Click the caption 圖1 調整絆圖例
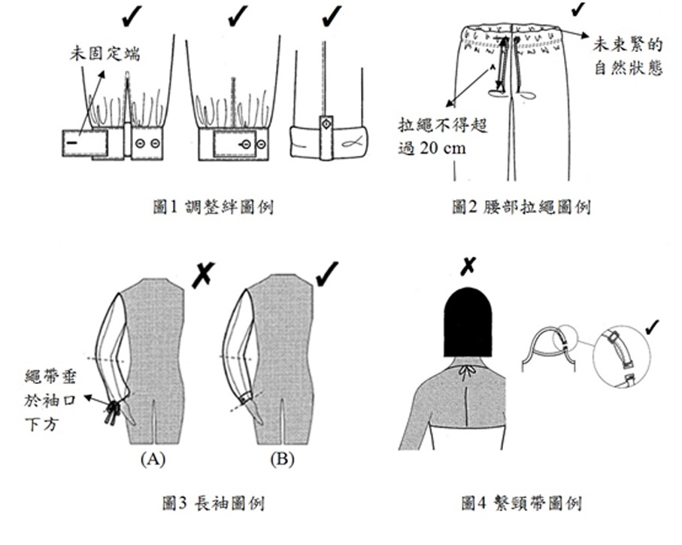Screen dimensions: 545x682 click(x=212, y=206)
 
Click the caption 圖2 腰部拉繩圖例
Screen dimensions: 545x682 click(x=521, y=206)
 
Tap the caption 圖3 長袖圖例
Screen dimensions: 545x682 click(x=212, y=501)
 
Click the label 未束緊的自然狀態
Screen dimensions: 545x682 click(x=629, y=55)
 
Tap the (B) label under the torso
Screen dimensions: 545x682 click(x=283, y=458)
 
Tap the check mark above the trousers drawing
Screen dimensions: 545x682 click(x=578, y=9)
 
